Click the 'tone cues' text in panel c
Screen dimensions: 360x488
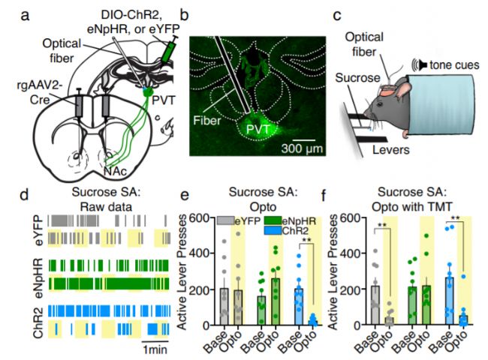pyautogui.click(x=453, y=66)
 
